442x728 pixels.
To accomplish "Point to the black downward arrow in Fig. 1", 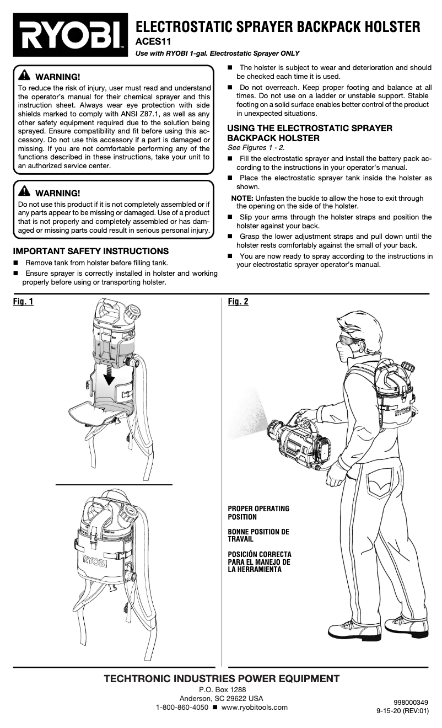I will (112, 375).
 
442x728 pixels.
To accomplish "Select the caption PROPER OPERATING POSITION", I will (258, 512).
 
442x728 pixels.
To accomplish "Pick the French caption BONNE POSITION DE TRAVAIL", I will (258, 536).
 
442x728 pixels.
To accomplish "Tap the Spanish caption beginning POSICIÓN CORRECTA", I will (260, 561).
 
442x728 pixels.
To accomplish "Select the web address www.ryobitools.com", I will (254, 708).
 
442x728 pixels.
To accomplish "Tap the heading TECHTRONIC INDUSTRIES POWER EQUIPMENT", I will (222, 678).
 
